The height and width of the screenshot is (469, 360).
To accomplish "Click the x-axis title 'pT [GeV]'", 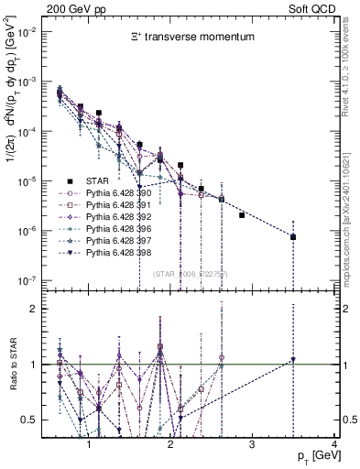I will [x=313, y=455].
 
